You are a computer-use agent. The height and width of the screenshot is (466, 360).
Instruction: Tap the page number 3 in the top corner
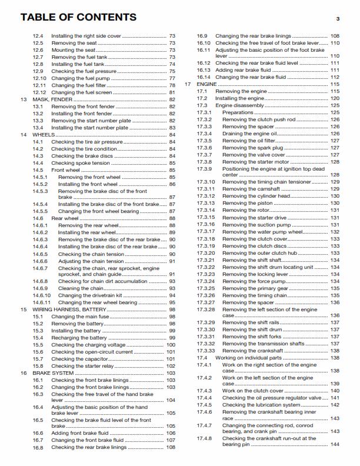tap(338, 19)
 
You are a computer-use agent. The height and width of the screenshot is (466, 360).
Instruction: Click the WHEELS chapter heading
tap(44, 135)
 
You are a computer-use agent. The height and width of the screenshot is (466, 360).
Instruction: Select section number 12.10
tap(39, 78)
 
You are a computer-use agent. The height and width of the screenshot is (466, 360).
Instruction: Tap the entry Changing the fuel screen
tap(82, 92)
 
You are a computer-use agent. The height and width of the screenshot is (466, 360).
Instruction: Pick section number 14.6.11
tap(42, 302)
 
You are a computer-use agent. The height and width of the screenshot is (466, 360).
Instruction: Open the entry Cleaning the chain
tap(81, 288)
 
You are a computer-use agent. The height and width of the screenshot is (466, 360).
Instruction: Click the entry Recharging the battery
tap(79, 337)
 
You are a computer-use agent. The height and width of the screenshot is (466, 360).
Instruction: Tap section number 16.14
tap(204, 77)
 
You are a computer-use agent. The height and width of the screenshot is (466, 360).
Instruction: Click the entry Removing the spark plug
tap(251, 148)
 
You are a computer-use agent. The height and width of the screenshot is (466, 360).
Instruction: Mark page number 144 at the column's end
tap(335, 445)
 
